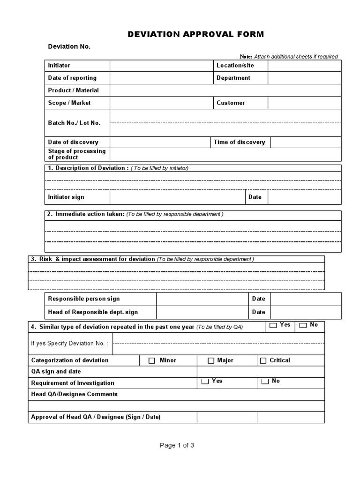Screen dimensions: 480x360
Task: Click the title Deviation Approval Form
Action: tap(196, 34)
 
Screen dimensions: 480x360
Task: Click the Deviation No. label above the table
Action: tap(69, 46)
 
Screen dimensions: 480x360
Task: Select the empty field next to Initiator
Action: tap(161, 66)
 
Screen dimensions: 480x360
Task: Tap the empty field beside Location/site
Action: tap(304, 66)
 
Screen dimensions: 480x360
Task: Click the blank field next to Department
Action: tap(304, 78)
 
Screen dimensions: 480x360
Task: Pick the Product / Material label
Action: tap(73, 90)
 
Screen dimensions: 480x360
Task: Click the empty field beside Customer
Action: tap(304, 103)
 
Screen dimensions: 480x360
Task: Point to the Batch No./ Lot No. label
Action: tap(74, 123)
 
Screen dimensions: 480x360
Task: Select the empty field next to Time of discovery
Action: tap(306, 142)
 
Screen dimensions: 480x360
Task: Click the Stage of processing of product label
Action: tap(77, 154)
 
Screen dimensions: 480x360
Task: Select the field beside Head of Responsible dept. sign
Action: tap(202, 312)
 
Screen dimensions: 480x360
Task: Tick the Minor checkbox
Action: tap(152, 360)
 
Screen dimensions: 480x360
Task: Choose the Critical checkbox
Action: tap(263, 360)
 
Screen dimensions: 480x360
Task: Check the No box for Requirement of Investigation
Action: tap(265, 381)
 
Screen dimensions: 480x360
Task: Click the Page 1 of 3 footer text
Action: tap(177, 445)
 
